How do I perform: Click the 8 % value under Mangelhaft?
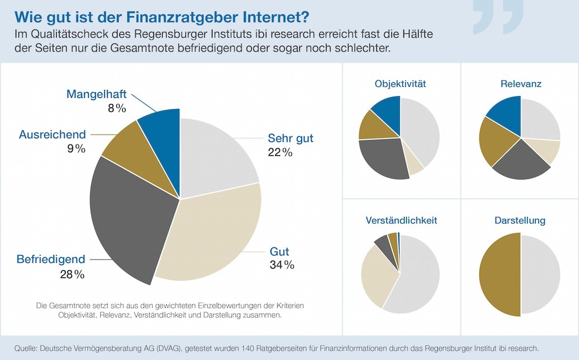point(113,108)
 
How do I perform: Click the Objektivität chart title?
point(400,84)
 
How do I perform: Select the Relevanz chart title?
point(521,84)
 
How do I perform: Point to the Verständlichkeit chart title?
point(401,221)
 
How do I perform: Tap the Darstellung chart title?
point(520,221)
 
